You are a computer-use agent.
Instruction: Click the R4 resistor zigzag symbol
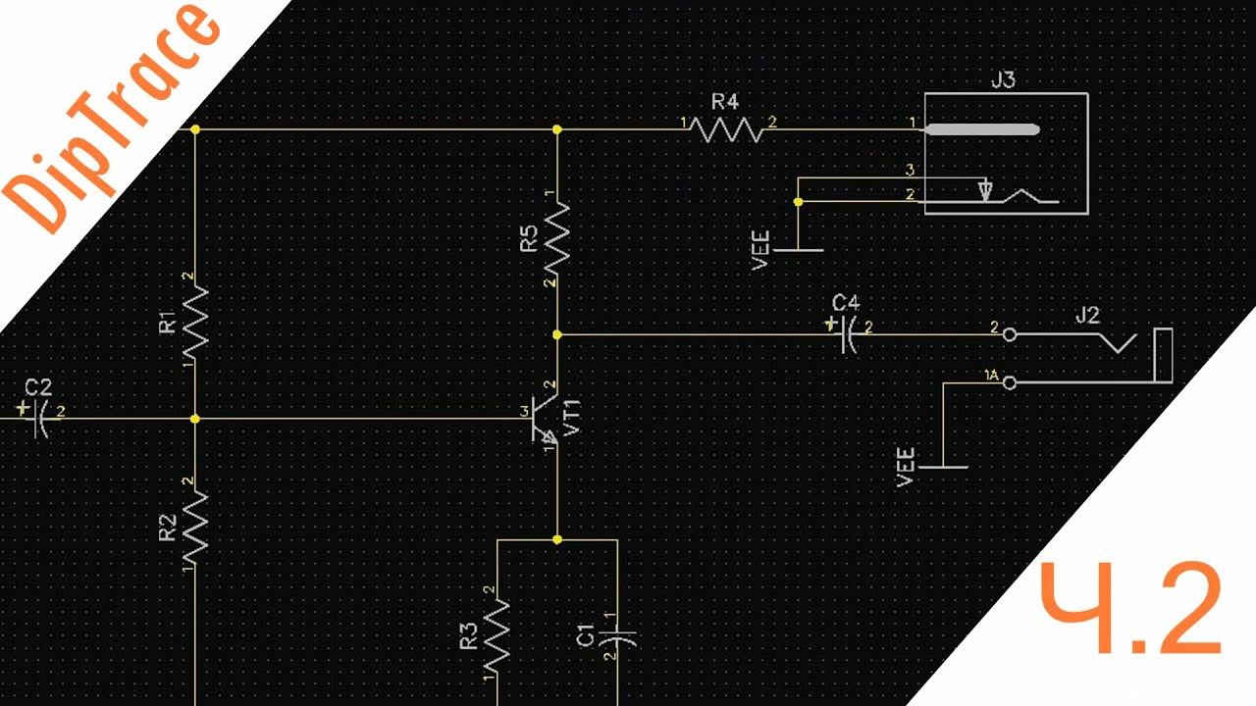point(726,128)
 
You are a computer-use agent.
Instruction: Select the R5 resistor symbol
point(556,236)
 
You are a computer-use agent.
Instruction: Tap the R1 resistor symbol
point(194,321)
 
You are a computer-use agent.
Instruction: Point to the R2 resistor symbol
point(194,528)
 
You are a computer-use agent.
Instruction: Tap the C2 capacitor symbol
point(39,418)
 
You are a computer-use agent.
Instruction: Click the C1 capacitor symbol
point(617,637)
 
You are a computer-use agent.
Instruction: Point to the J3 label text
point(1003,80)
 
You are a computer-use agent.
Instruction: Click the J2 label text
point(1087,316)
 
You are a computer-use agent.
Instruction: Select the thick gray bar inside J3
point(982,128)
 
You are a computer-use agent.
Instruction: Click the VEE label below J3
point(759,250)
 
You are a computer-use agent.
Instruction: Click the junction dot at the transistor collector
point(556,334)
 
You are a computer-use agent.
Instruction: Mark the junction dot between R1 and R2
point(194,419)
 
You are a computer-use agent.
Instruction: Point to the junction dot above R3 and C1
point(556,539)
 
